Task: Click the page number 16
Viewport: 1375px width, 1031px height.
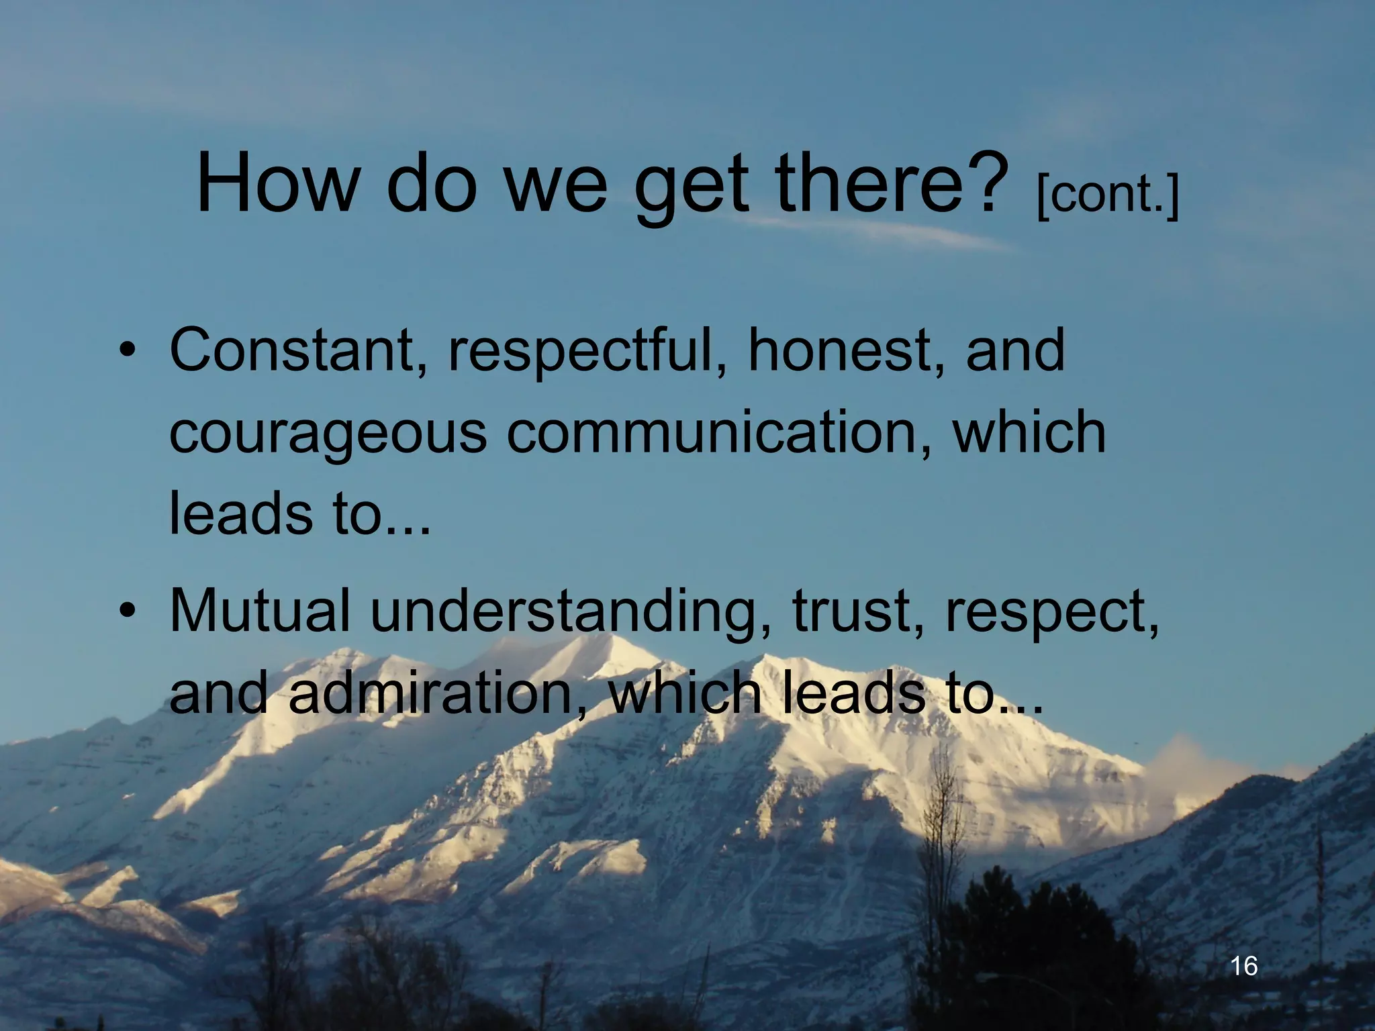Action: (x=1244, y=966)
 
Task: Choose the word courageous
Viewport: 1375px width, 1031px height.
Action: (x=328, y=435)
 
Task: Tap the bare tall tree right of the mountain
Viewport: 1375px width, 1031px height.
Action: (x=943, y=839)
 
